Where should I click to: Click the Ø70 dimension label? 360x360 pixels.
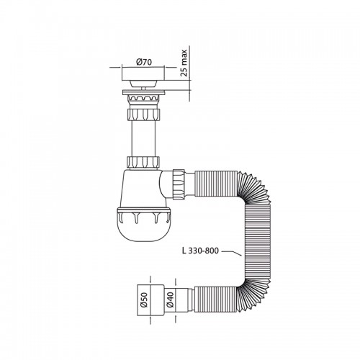(x=144, y=62)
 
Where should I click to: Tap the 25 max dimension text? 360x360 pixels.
(x=184, y=63)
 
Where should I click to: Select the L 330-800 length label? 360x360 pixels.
(x=200, y=251)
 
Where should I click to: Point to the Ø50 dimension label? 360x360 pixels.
(x=144, y=300)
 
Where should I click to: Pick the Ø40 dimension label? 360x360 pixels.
(x=170, y=300)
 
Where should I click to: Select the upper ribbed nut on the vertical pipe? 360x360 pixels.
(x=143, y=114)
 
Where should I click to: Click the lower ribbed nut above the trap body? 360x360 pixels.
(x=143, y=163)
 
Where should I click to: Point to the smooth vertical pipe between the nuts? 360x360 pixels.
(x=143, y=138)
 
